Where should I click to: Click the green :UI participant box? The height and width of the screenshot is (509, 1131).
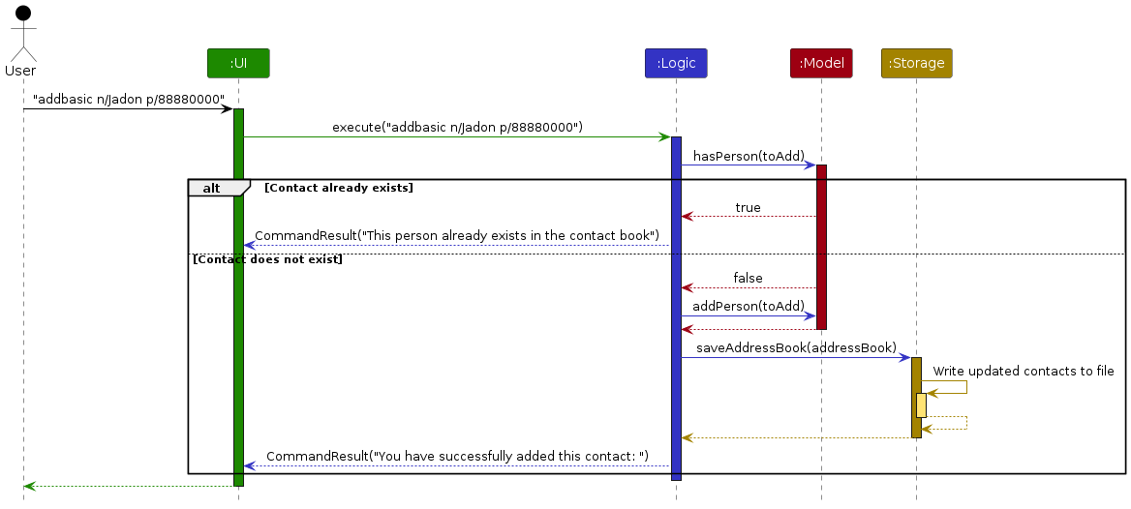tap(238, 63)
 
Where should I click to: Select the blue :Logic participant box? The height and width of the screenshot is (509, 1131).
tap(676, 63)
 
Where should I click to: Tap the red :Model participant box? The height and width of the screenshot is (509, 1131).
tap(821, 63)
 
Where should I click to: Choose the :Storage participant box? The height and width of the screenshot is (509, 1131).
tap(916, 63)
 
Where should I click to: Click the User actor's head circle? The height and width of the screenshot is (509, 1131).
tap(23, 13)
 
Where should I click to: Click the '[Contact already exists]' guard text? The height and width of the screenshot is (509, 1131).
tap(339, 188)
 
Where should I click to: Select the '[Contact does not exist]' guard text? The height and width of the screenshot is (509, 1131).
tap(267, 259)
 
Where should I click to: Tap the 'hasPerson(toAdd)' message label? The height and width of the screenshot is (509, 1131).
tap(749, 156)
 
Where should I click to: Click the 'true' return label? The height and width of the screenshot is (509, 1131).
tap(748, 208)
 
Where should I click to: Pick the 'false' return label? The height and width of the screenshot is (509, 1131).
tap(748, 279)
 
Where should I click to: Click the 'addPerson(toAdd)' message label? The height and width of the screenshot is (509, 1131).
tap(748, 307)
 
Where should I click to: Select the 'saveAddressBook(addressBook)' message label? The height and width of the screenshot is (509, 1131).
tap(796, 348)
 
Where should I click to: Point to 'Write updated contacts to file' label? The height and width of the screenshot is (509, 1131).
tap(1024, 372)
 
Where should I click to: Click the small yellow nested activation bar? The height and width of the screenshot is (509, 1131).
tap(921, 405)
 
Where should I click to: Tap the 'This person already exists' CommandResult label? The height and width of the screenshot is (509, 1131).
tap(457, 236)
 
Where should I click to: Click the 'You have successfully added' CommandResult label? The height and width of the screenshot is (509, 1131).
tap(457, 457)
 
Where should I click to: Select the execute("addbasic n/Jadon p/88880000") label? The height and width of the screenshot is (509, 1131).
tap(457, 128)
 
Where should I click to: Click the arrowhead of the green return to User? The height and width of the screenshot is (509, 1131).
tap(28, 487)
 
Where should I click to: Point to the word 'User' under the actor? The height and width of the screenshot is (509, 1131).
tap(20, 71)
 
